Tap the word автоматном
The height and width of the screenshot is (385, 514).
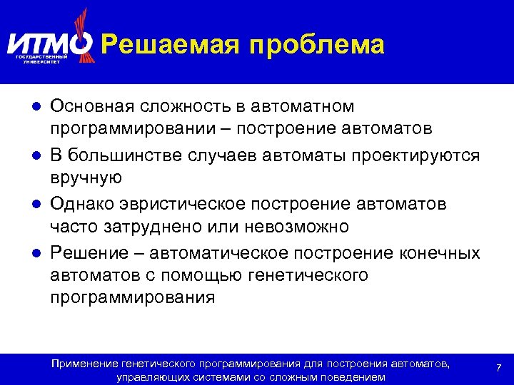(302, 106)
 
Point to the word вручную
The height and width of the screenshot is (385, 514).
(86, 178)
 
